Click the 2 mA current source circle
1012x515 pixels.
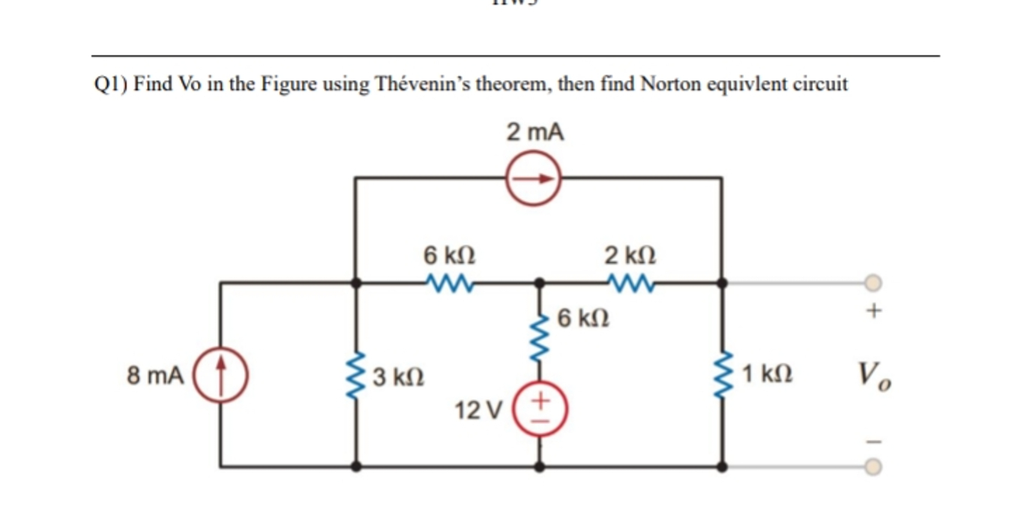pyautogui.click(x=533, y=178)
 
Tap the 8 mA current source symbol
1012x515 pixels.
pyautogui.click(x=221, y=373)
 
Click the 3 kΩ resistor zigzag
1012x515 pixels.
pyautogui.click(x=357, y=373)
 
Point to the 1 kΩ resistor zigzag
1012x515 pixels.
pyautogui.click(x=722, y=373)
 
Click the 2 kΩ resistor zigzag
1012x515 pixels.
pyautogui.click(x=630, y=283)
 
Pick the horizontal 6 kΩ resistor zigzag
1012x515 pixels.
pyautogui.click(x=448, y=283)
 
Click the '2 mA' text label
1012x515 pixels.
pyautogui.click(x=534, y=133)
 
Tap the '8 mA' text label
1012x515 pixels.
pyautogui.click(x=155, y=374)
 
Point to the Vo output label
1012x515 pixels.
pyautogui.click(x=874, y=373)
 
